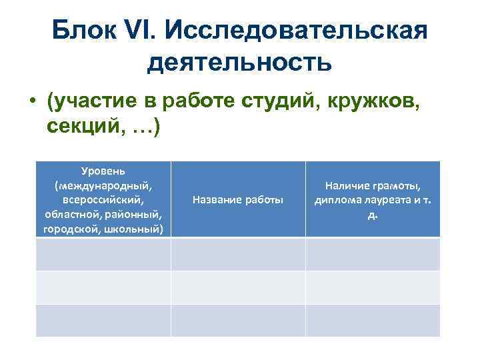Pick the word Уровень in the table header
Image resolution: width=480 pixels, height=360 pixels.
[103, 171]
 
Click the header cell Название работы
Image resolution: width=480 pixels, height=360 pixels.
[237, 199]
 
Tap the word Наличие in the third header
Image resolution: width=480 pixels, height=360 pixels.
[345, 187]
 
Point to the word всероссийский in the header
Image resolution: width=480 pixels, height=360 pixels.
[103, 199]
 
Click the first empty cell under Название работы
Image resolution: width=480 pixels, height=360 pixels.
[238, 254]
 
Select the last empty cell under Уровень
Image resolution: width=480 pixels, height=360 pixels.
[103, 320]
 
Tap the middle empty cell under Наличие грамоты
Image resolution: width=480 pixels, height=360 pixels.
[373, 287]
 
